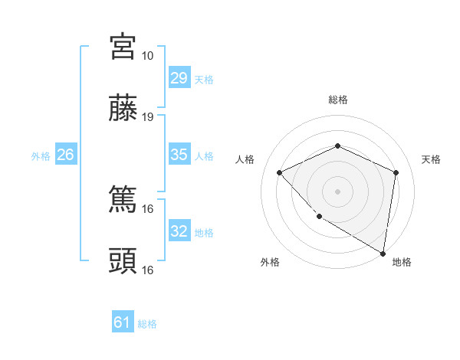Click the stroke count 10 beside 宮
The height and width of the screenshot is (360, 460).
coord(148,56)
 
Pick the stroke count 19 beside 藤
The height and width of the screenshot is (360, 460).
coord(148,117)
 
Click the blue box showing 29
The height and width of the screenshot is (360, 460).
coord(179,78)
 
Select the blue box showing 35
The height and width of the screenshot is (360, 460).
coord(179,155)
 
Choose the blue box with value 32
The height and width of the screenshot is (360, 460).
coord(179,231)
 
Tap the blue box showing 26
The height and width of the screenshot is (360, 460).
coord(65,155)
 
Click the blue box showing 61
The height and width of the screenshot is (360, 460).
coord(123,322)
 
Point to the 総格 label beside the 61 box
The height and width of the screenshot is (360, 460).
coord(147,324)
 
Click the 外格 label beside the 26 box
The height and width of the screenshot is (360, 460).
coord(41,156)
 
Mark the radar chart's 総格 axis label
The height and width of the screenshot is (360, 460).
coord(337,100)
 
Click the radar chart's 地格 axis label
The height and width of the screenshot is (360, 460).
coord(402,262)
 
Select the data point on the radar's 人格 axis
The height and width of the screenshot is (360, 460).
coord(280,172)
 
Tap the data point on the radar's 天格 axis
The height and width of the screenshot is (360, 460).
coord(396,172)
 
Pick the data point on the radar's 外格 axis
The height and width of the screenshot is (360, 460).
coord(319,217)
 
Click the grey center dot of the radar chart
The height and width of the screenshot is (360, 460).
coord(337,191)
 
